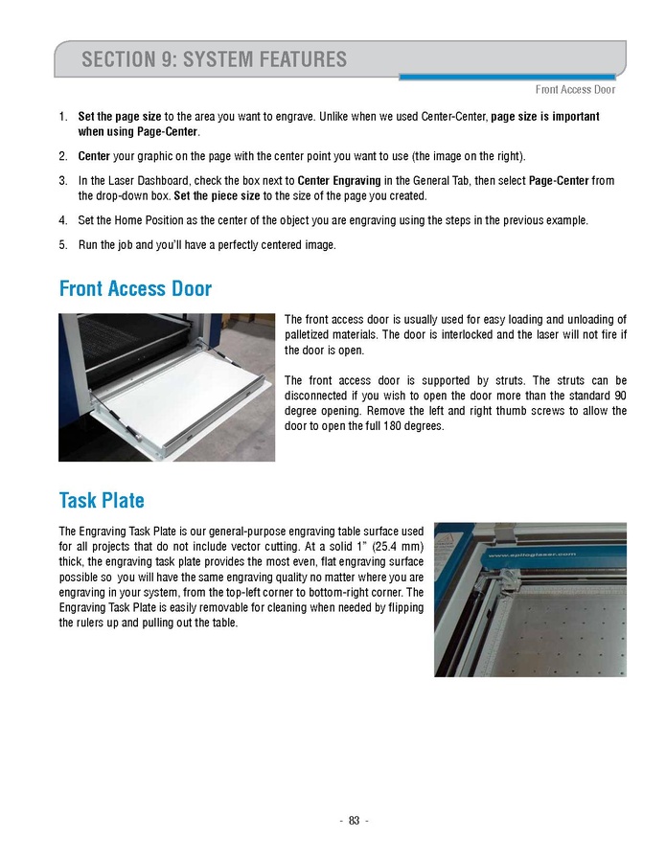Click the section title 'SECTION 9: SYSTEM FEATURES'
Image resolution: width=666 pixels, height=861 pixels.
click(215, 59)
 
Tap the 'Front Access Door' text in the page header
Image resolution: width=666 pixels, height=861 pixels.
click(575, 90)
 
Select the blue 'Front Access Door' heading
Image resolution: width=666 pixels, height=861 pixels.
click(135, 288)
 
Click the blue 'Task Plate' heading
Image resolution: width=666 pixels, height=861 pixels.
click(102, 500)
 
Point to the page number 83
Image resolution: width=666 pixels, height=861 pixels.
click(354, 820)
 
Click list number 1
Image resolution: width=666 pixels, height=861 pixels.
click(62, 117)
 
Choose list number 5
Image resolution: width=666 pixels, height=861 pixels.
click(62, 244)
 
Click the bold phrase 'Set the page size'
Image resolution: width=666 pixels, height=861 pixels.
click(119, 117)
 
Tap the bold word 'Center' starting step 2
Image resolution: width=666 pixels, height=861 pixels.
click(94, 156)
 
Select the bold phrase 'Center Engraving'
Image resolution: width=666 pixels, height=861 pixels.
click(339, 181)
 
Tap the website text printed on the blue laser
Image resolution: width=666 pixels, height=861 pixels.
click(531, 554)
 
